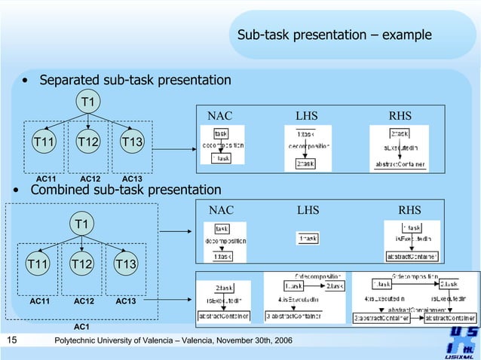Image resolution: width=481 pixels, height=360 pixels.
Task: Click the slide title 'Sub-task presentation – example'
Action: pyautogui.click(x=334, y=35)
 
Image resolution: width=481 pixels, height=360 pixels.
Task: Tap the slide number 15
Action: pyautogui.click(x=11, y=341)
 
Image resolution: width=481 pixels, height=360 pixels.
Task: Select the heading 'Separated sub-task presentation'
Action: pyautogui.click(x=135, y=80)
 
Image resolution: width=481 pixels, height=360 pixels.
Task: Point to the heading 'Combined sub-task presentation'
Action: pyautogui.click(x=125, y=190)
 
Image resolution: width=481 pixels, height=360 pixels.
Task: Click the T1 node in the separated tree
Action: pyautogui.click(x=88, y=101)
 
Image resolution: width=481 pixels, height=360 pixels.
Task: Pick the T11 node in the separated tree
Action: pyautogui.click(x=43, y=142)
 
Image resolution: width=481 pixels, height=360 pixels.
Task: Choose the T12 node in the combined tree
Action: pyautogui.click(x=81, y=264)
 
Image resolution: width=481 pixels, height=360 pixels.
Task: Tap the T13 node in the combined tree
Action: pyautogui.click(x=125, y=264)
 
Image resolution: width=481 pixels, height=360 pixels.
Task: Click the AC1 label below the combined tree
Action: pyautogui.click(x=81, y=327)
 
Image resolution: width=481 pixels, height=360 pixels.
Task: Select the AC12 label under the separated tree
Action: pyautogui.click(x=90, y=178)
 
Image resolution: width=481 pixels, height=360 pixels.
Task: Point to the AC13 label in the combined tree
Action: pyautogui.click(x=126, y=301)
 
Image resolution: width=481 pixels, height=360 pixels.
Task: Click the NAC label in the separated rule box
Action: pyautogui.click(x=220, y=116)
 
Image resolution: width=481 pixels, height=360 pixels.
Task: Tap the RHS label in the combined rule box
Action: pyautogui.click(x=409, y=210)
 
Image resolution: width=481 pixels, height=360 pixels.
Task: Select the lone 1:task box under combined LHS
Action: pyautogui.click(x=307, y=238)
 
